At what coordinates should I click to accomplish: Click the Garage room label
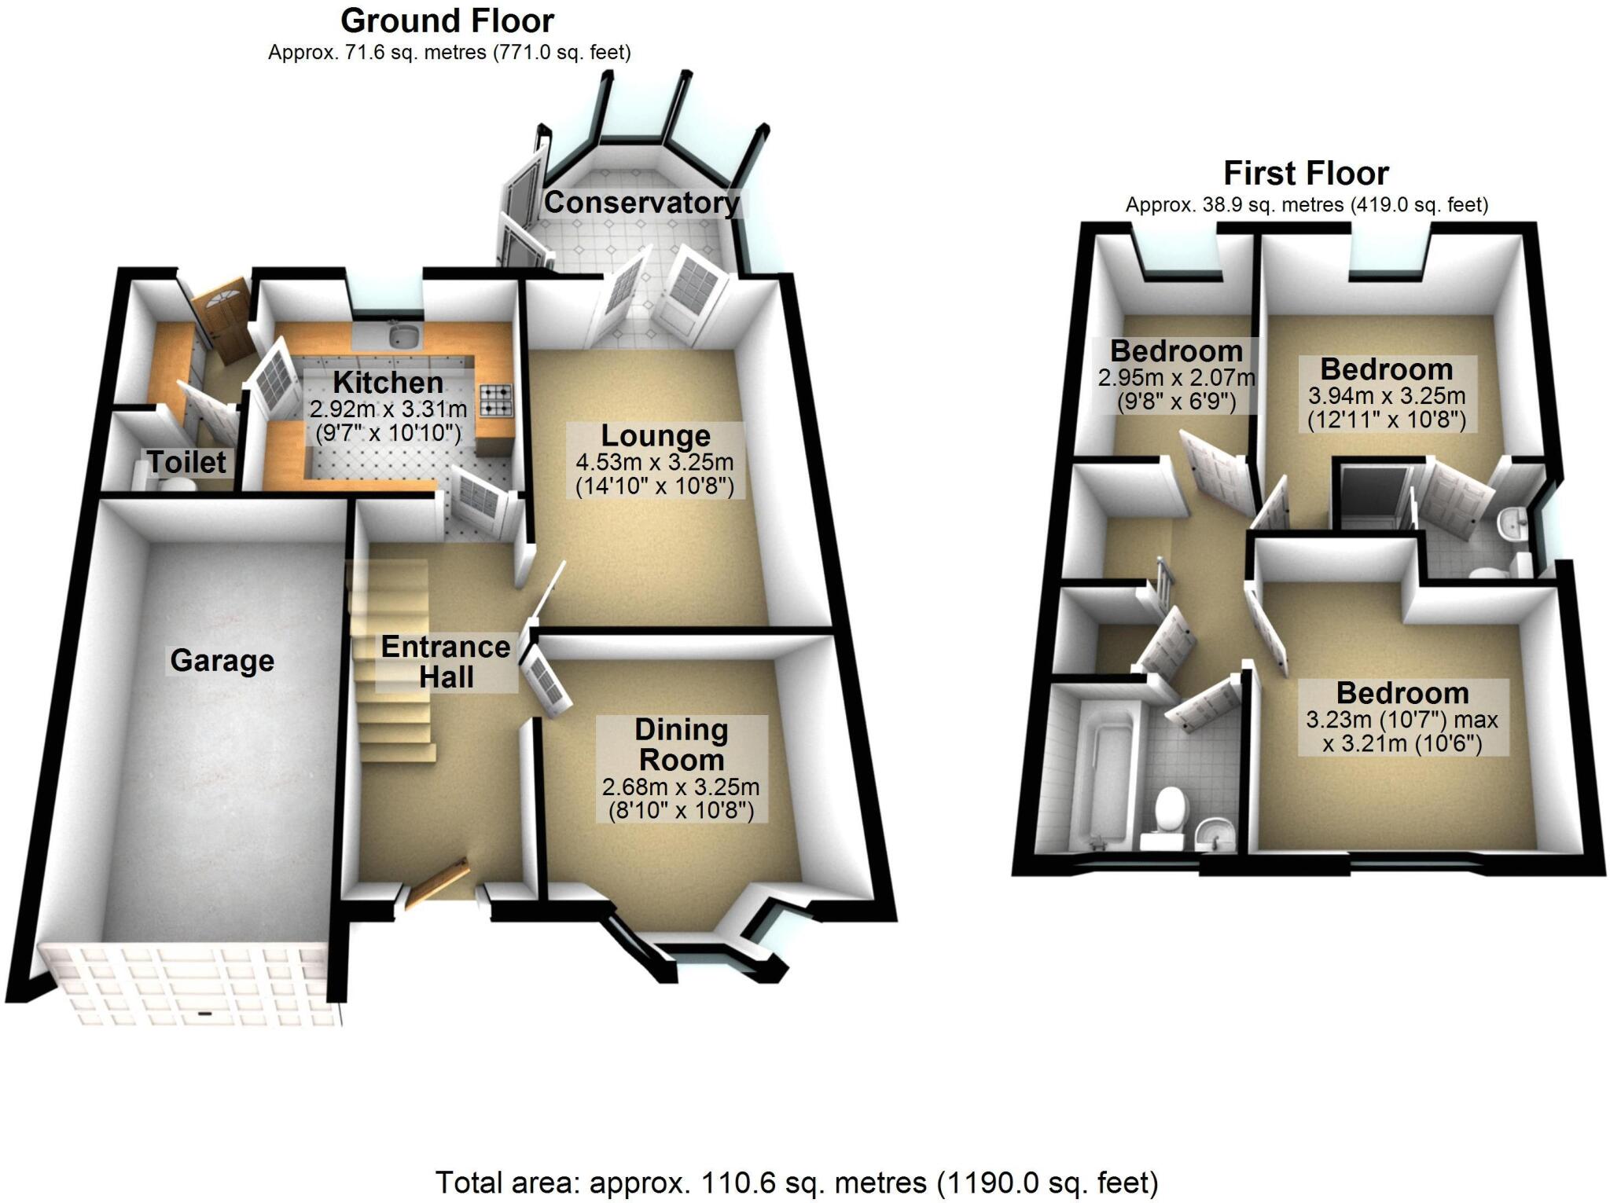click(x=222, y=661)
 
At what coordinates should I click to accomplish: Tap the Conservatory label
click(x=641, y=203)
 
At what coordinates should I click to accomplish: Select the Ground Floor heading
click(x=447, y=21)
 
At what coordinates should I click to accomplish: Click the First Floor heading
click(x=1306, y=173)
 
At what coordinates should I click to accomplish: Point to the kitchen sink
click(x=404, y=336)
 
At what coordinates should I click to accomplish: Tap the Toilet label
click(x=187, y=462)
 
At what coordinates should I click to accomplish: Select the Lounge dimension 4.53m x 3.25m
click(x=655, y=462)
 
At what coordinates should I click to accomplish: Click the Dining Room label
click(x=681, y=745)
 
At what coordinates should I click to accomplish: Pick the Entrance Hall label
click(x=446, y=662)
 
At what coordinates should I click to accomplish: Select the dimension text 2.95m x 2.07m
click(x=1176, y=378)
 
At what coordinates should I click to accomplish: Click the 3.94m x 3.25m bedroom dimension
click(x=1387, y=395)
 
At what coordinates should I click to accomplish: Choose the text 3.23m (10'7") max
click(x=1402, y=720)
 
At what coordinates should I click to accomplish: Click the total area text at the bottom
click(x=796, y=1182)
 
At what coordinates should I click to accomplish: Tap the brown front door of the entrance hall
click(x=443, y=882)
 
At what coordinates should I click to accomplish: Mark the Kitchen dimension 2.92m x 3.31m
click(x=388, y=409)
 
